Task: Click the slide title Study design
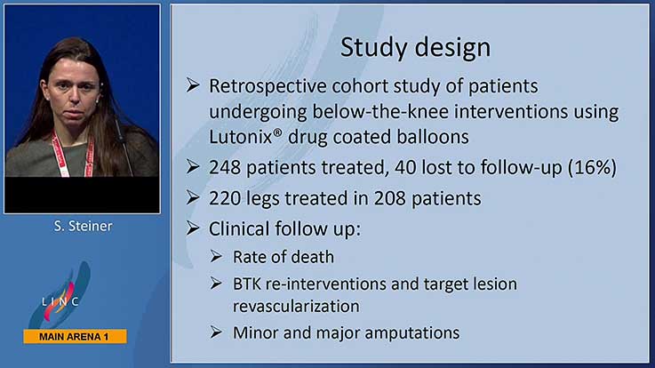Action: tap(415, 48)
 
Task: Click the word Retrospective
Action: tap(268, 86)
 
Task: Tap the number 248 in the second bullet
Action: tap(225, 167)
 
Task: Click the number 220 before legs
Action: tap(225, 198)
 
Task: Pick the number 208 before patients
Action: tap(389, 198)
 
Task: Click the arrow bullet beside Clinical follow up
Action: tap(193, 228)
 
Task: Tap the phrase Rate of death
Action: tap(284, 257)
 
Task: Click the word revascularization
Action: tap(296, 306)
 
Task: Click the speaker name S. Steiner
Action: tap(83, 226)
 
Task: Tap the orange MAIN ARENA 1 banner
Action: tap(76, 337)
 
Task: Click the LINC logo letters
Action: tap(60, 301)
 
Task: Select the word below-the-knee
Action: tap(381, 111)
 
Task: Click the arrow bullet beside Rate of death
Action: tap(216, 256)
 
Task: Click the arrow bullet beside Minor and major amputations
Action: tap(216, 332)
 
